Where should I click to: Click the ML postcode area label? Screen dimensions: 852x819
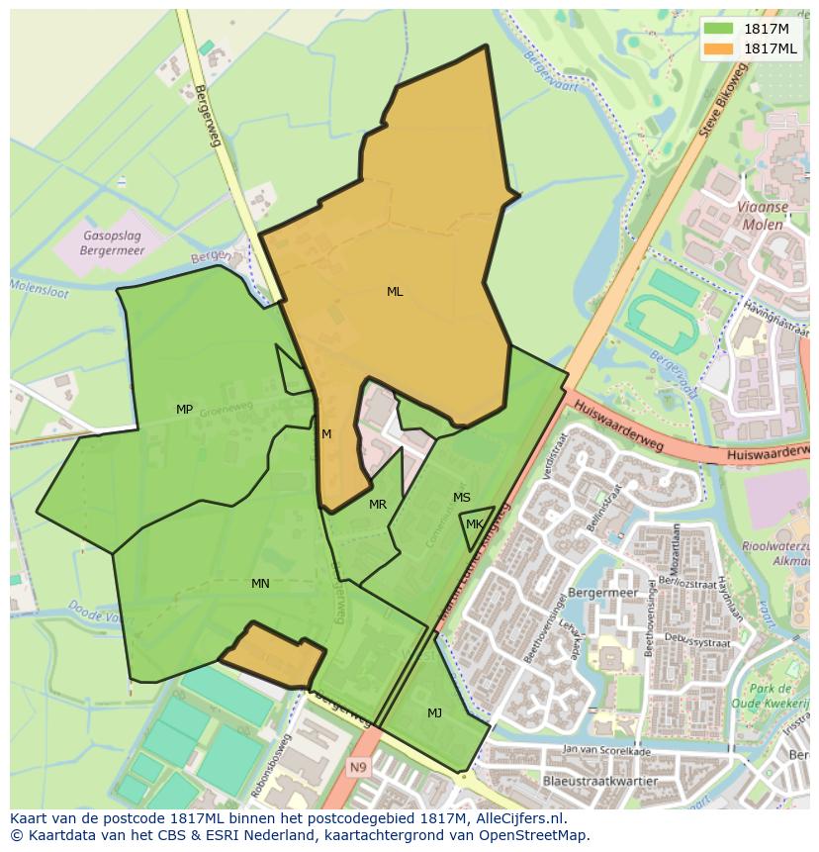[395, 292]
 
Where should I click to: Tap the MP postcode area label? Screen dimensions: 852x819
[184, 410]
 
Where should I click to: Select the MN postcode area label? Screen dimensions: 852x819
[260, 584]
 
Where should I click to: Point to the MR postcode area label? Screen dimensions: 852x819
[378, 505]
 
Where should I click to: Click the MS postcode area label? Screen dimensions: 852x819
[462, 498]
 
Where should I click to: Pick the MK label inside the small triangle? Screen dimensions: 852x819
[475, 524]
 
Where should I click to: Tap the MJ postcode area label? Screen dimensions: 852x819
[435, 713]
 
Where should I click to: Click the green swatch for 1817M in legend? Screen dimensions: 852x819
[719, 29]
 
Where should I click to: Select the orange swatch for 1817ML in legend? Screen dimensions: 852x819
[719, 48]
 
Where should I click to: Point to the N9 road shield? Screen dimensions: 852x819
[357, 766]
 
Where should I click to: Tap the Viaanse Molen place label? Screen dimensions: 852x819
[761, 217]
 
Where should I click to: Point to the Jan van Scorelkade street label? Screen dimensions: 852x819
[606, 751]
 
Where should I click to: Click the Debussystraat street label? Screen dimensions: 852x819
[696, 643]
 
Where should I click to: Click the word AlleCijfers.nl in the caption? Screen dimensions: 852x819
[519, 818]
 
